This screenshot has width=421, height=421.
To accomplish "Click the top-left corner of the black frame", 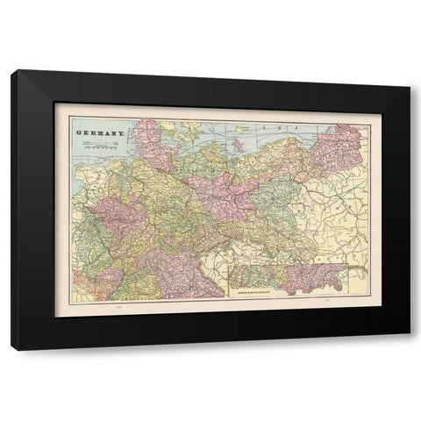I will click(x=12, y=71).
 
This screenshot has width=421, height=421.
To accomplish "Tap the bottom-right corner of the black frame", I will click(x=409, y=348).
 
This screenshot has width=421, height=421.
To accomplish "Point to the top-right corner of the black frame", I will click(x=409, y=71).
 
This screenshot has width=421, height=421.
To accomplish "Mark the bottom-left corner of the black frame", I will click(x=12, y=348).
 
